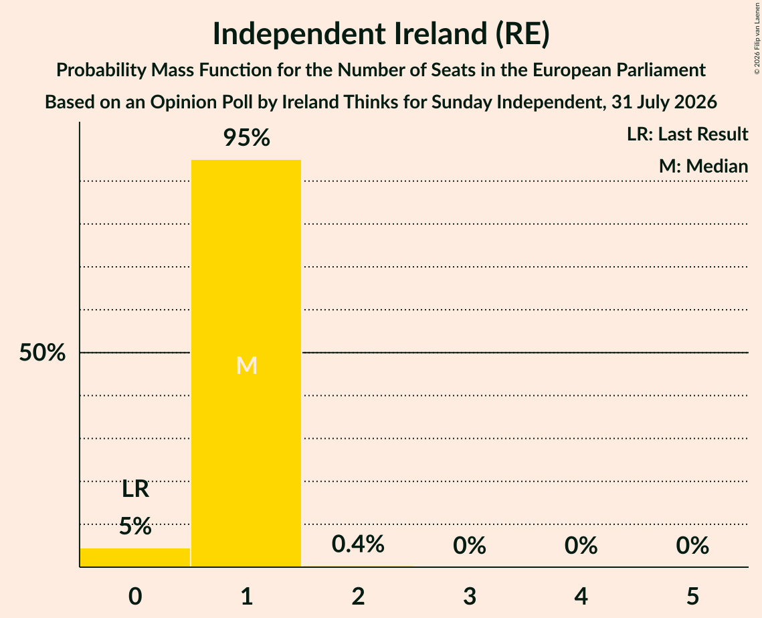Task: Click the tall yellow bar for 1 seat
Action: [x=246, y=363]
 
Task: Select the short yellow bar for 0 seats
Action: [x=135, y=557]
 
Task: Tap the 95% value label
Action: [x=246, y=138]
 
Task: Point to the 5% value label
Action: [x=135, y=526]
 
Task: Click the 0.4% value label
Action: [x=358, y=544]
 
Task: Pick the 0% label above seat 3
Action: [x=470, y=546]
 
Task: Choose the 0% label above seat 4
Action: [x=581, y=546]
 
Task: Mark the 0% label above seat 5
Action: [x=692, y=546]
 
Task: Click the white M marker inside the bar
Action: [x=246, y=365]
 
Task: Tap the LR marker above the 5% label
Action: [x=135, y=489]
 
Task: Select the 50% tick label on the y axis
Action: [x=42, y=352]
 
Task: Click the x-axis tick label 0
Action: [x=135, y=596]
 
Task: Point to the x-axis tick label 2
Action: [x=358, y=596]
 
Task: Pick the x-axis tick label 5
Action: [x=692, y=596]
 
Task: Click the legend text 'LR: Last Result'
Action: [x=687, y=134]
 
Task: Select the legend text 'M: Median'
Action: [x=703, y=166]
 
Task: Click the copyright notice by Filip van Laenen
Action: [x=757, y=38]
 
